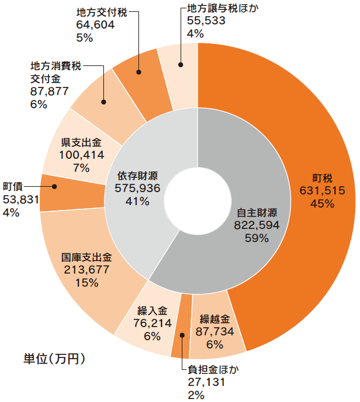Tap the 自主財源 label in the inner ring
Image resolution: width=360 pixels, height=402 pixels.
pyautogui.click(x=257, y=212)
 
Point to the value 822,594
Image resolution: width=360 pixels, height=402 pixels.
pyautogui.click(x=257, y=225)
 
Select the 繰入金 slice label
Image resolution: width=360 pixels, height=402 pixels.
pyautogui.click(x=153, y=311)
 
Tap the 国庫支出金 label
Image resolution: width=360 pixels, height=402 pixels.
pyautogui.click(x=87, y=258)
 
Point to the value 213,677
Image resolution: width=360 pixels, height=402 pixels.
pyautogui.click(x=87, y=271)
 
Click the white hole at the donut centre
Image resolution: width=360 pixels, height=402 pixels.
pyautogui.click(x=198, y=200)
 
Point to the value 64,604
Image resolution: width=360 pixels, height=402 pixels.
pyautogui.click(x=96, y=24)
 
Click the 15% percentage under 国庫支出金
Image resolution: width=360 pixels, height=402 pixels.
pyautogui.click(x=86, y=283)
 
